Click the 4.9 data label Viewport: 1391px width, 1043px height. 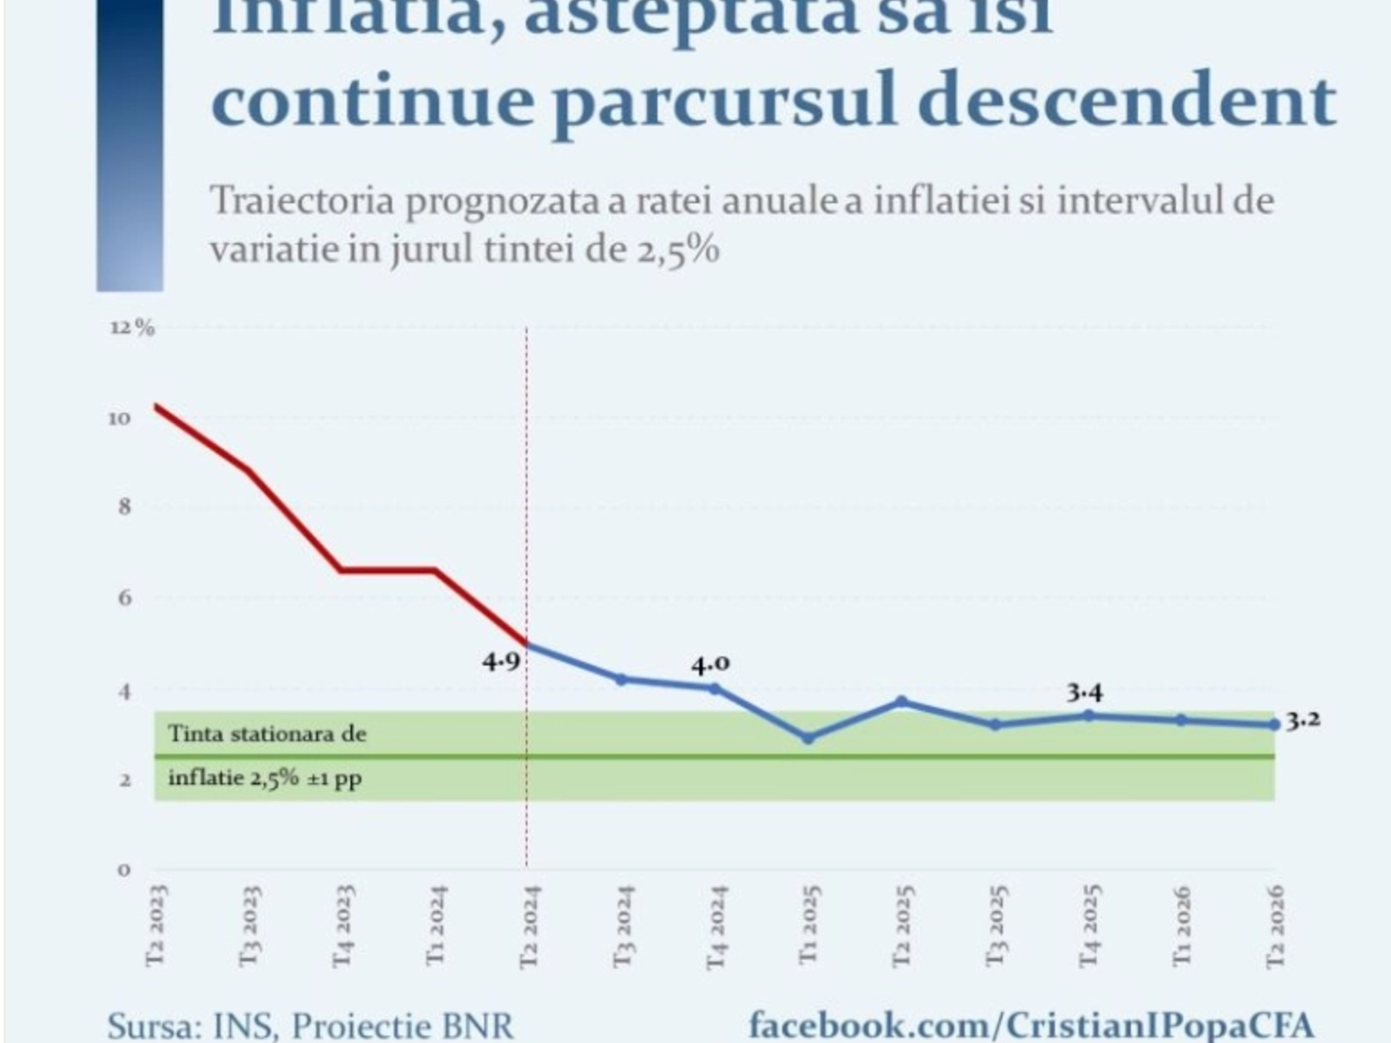coord(502,661)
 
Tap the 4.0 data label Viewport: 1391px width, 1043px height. coord(710,665)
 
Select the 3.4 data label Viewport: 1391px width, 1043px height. coord(1085,693)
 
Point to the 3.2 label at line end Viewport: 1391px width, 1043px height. coord(1303,720)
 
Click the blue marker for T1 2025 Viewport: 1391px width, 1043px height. coord(809,738)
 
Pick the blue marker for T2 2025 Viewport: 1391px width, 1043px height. coord(902,701)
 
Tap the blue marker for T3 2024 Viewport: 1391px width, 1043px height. coord(621,679)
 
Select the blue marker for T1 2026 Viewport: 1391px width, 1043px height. coord(1181,720)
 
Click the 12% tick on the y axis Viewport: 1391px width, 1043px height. coord(131,328)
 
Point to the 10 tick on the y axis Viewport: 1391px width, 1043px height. coord(120,418)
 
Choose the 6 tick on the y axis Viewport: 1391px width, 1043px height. coord(124,597)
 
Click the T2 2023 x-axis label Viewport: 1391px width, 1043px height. coord(156,925)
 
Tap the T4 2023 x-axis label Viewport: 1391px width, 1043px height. coord(343,925)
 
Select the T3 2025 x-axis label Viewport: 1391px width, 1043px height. coord(996,925)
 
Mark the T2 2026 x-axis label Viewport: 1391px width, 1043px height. coord(1275,925)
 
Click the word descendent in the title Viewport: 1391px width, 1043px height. coord(1127,101)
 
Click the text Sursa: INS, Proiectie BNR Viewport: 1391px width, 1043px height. coord(310,1026)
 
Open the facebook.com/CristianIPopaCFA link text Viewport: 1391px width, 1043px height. coord(1031,1024)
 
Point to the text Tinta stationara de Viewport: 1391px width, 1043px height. coord(267,734)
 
